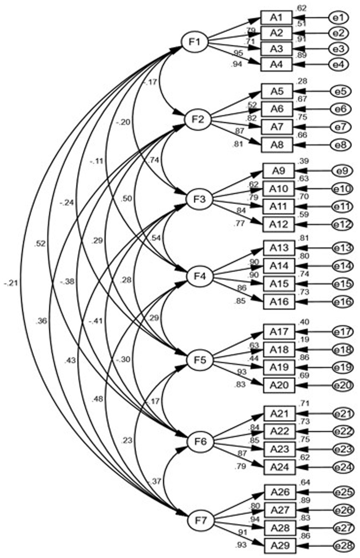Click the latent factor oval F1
[x=194, y=41]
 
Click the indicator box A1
[x=276, y=18]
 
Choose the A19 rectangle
[x=279, y=367]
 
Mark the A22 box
[x=279, y=431]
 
